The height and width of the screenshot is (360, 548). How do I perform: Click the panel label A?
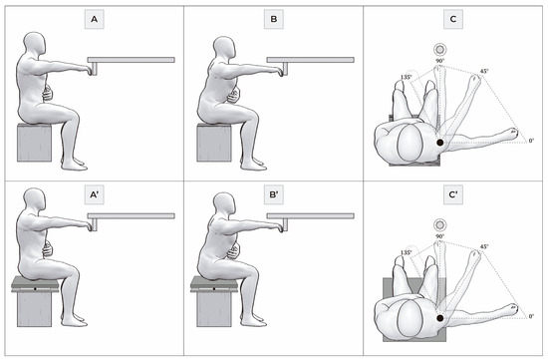pyautogui.click(x=94, y=19)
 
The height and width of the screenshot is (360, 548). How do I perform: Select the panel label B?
pyautogui.click(x=274, y=19)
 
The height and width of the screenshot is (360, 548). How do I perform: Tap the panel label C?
pyautogui.click(x=453, y=19)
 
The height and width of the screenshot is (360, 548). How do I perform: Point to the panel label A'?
pyautogui.click(x=94, y=194)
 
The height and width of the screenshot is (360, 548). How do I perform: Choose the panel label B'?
pyautogui.click(x=274, y=194)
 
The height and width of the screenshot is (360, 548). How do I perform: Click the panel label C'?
pyautogui.click(x=453, y=194)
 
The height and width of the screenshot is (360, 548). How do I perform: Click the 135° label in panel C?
pyautogui.click(x=406, y=77)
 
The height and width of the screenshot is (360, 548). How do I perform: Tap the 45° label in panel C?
pyautogui.click(x=484, y=71)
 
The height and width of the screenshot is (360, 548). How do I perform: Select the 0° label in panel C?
pyautogui.click(x=531, y=141)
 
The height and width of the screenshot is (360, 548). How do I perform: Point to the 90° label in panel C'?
pyautogui.click(x=439, y=236)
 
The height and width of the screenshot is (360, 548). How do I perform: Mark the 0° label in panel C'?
pyautogui.click(x=531, y=316)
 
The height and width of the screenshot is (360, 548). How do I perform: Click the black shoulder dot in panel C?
pyautogui.click(x=440, y=143)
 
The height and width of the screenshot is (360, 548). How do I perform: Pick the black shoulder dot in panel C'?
pyautogui.click(x=440, y=318)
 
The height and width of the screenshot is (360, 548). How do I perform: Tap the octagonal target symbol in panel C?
pyautogui.click(x=439, y=49)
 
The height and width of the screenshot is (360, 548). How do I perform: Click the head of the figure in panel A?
pyautogui.click(x=35, y=46)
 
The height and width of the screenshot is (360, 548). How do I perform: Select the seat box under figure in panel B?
pyautogui.click(x=214, y=142)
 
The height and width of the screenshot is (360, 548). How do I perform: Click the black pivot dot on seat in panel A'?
pyautogui.click(x=35, y=289)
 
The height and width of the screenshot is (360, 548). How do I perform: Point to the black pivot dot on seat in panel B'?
pyautogui.click(x=214, y=289)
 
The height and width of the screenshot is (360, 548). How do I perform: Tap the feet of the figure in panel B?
pyautogui.click(x=253, y=165)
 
